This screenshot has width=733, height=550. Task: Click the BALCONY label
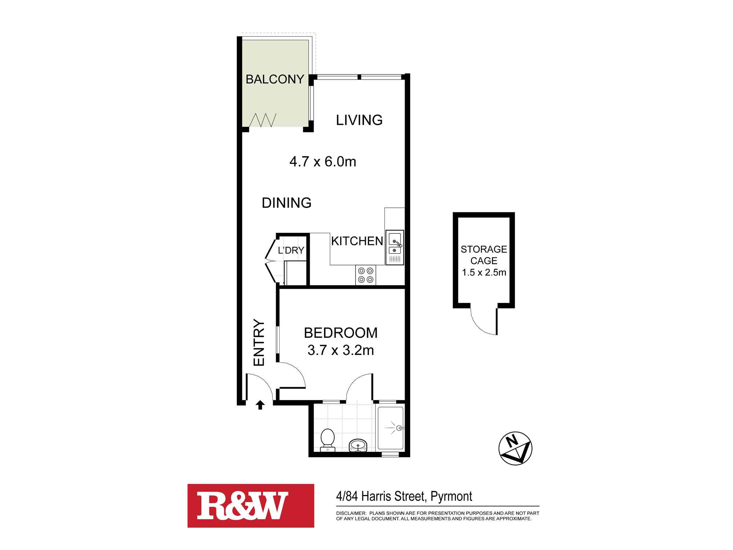click(275, 79)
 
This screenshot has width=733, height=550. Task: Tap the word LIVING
click(359, 120)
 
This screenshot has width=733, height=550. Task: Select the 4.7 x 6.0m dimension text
click(323, 161)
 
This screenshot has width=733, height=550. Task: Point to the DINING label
click(287, 203)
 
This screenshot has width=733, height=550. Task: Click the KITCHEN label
click(357, 241)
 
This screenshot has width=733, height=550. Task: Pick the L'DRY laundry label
click(291, 250)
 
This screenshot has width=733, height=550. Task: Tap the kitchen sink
click(394, 247)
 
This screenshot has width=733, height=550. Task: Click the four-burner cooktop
click(366, 275)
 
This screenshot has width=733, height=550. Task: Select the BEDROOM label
click(340, 333)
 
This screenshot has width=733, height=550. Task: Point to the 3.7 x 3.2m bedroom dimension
click(340, 350)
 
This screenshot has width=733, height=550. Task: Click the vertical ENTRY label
click(259, 343)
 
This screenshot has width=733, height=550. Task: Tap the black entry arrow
click(260, 405)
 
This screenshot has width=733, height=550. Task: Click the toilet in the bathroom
click(327, 440)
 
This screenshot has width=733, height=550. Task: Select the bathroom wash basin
click(358, 445)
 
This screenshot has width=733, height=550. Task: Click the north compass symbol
click(515, 448)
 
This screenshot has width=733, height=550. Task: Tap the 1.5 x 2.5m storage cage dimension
click(484, 272)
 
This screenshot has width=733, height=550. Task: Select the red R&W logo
click(251, 506)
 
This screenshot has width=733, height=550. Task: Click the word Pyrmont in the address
click(451, 496)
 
